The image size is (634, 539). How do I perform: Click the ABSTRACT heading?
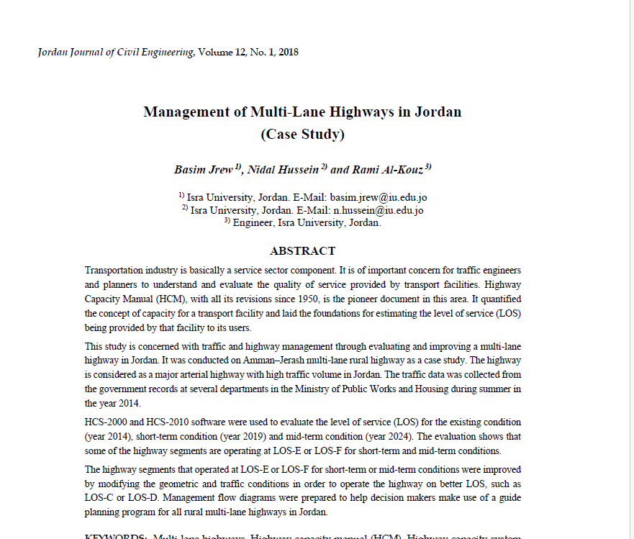click(302, 251)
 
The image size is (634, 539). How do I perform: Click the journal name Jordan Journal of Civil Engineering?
click(115, 53)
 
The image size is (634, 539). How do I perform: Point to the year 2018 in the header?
click(288, 53)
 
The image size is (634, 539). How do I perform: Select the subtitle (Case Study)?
click(302, 134)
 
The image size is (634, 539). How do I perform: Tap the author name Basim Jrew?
click(204, 171)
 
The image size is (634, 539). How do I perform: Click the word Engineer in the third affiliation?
click(253, 223)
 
